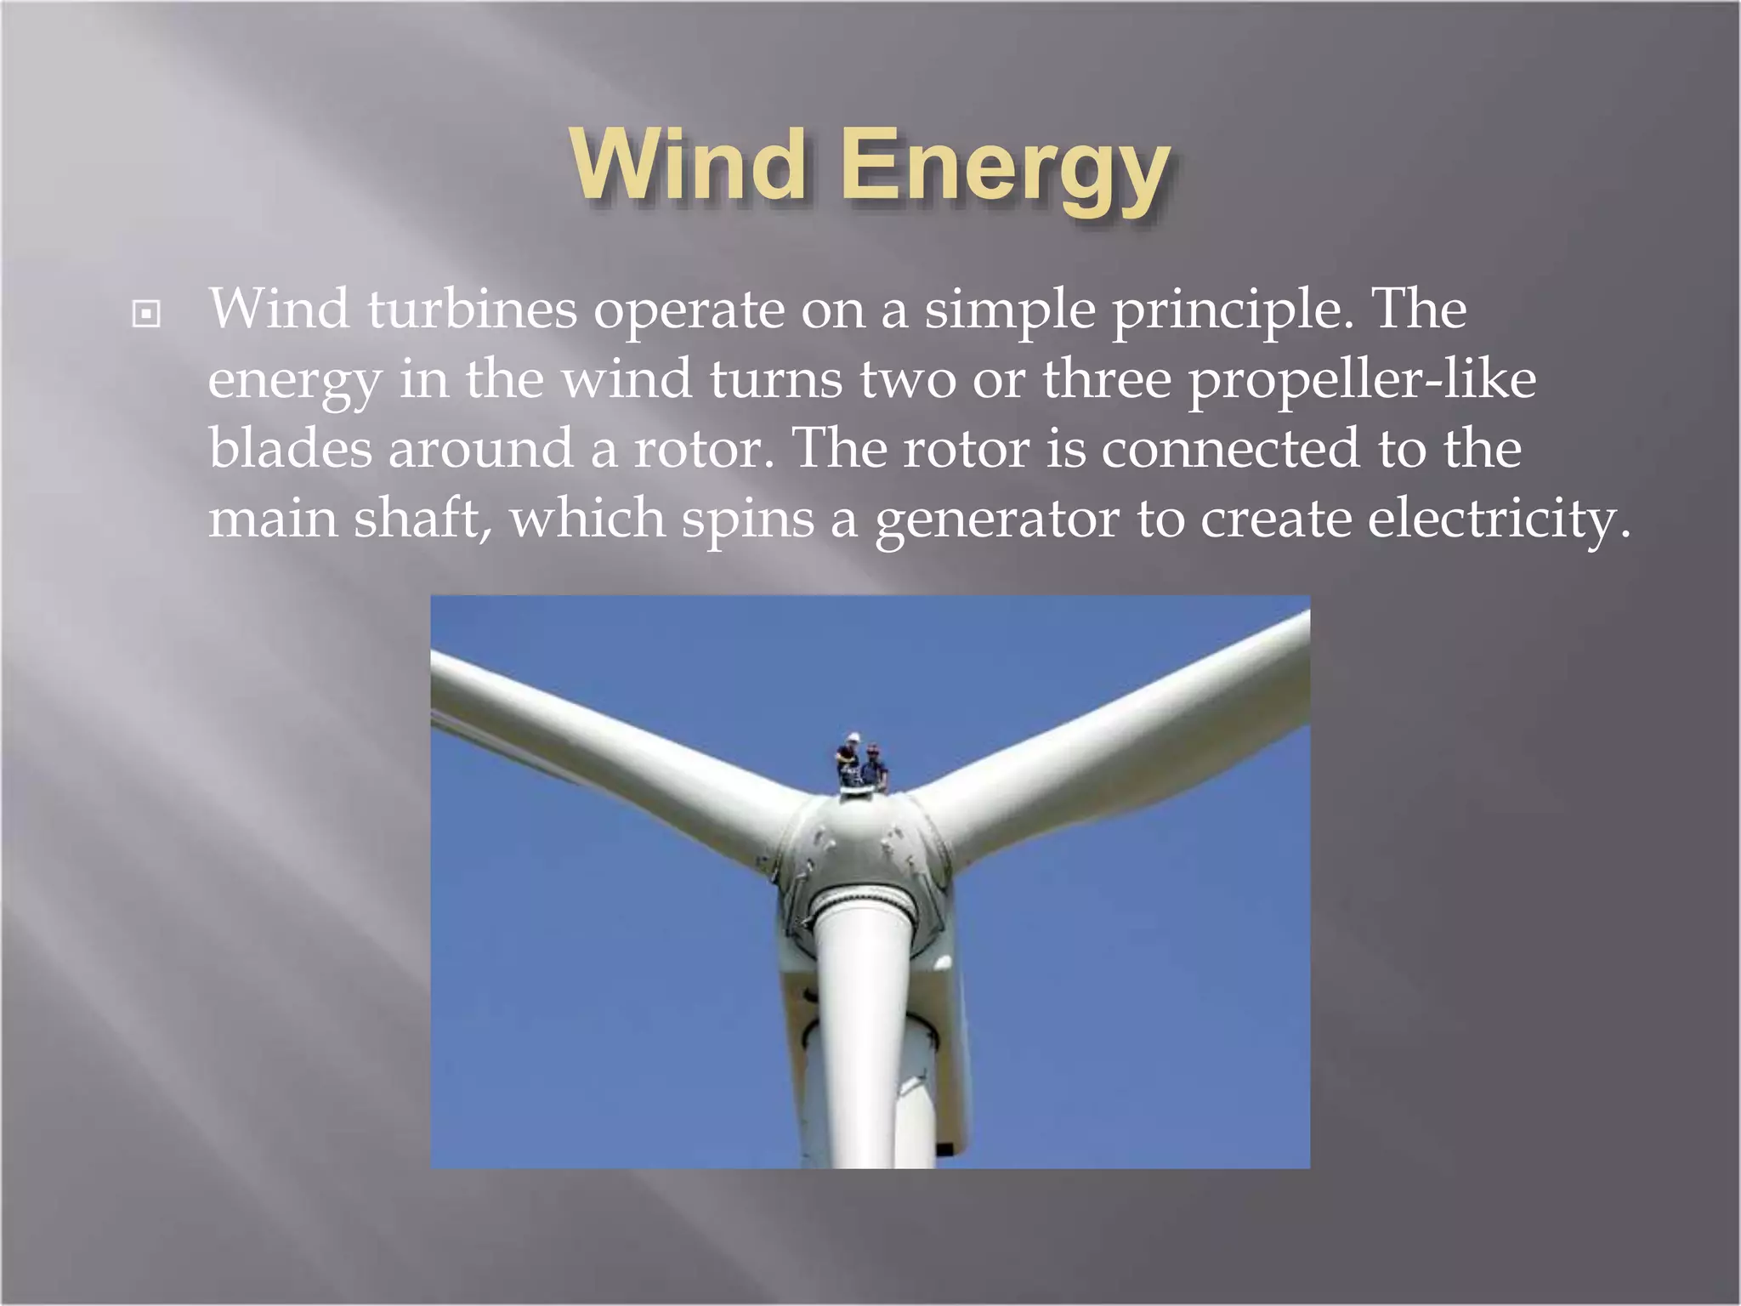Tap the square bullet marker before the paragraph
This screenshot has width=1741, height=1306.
pyautogui.click(x=146, y=315)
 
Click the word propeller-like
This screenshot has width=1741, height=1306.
pyautogui.click(x=1361, y=379)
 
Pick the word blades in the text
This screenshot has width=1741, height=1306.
pyautogui.click(x=290, y=448)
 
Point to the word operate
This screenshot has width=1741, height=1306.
pyautogui.click(x=689, y=311)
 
